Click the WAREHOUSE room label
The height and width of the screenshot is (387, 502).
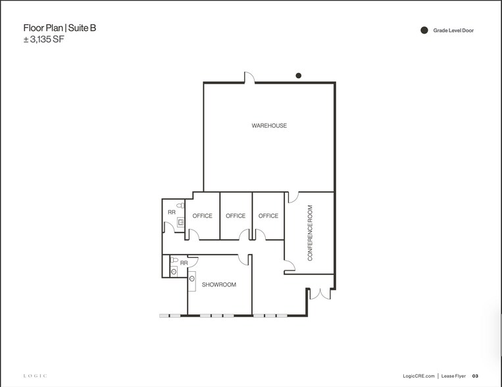pos(269,126)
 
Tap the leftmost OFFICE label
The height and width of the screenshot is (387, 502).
pos(202,216)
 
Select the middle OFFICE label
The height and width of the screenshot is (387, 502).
pos(236,216)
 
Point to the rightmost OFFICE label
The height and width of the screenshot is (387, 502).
pos(268,216)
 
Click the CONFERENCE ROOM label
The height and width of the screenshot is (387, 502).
pos(310,233)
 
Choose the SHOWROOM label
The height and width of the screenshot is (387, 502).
pos(219,285)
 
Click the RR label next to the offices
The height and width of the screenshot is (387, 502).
pos(172,213)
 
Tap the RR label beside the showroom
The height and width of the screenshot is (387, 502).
pos(184,263)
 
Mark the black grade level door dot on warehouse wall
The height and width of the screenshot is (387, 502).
pos(299,76)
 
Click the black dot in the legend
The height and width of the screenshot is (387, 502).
pos(424,30)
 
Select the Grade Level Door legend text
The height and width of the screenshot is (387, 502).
pos(453,30)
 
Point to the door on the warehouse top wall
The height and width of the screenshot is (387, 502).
pos(249,78)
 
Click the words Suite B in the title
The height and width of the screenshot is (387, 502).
pos(86,28)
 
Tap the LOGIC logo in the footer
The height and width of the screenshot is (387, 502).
pos(36,376)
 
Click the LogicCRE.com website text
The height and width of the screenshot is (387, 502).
pos(417,376)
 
